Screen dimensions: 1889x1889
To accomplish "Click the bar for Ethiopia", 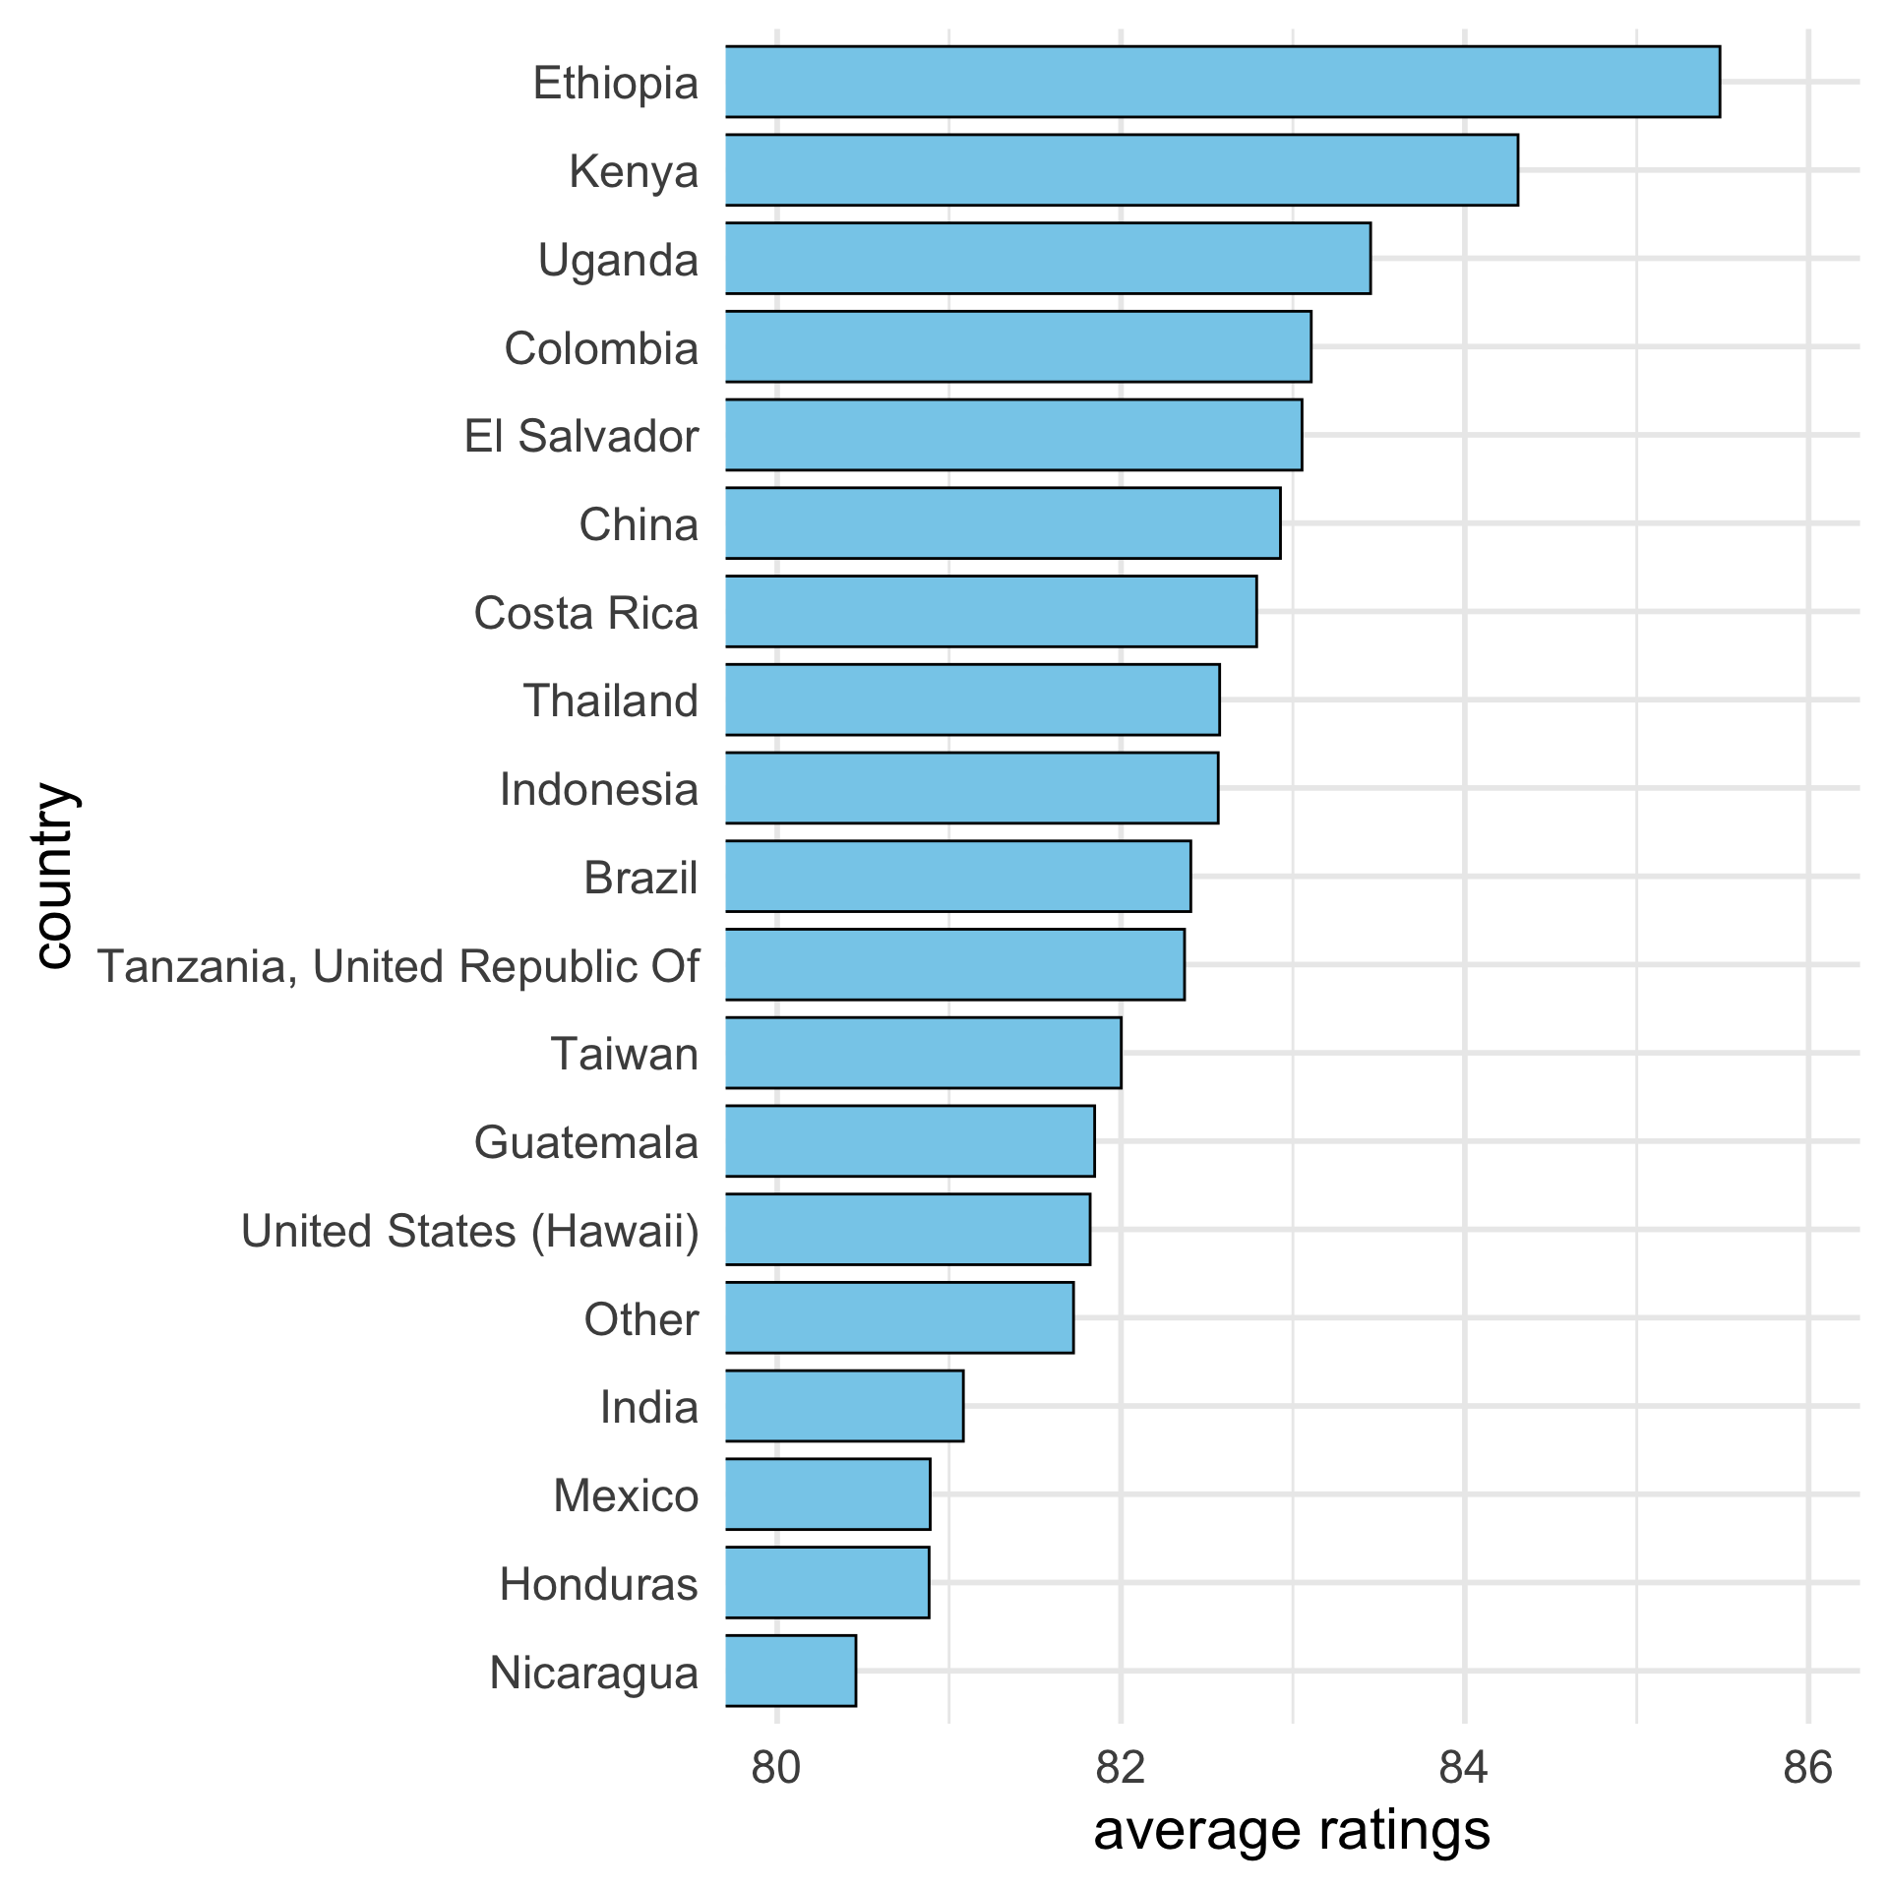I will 1222,82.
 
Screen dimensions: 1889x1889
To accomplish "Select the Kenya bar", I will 1122,170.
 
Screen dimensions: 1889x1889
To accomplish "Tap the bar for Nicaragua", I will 791,1671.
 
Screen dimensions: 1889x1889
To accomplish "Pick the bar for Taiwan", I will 923,1053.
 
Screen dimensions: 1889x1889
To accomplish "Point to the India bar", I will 844,1406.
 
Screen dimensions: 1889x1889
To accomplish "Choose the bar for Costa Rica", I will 991,612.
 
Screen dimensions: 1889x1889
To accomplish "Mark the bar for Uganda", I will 1048,259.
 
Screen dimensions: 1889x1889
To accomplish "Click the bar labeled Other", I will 899,1317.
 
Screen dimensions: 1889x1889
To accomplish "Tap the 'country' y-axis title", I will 53,876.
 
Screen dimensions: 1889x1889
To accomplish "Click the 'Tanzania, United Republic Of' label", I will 398,966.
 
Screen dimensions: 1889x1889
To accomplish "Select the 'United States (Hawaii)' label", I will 470,1231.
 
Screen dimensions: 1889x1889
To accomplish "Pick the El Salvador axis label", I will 581,436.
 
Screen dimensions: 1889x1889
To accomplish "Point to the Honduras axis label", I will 598,1584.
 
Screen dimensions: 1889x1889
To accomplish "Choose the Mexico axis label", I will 626,1495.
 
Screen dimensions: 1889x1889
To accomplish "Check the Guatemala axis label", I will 586,1142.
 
